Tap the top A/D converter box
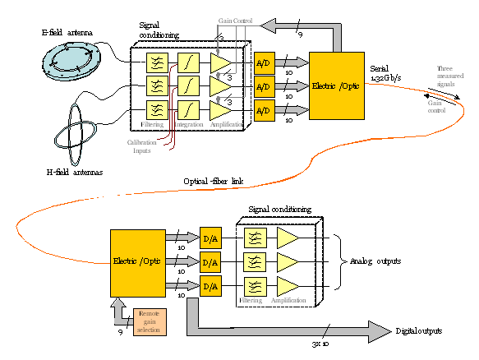[x=264, y=63]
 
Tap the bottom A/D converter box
[x=264, y=109]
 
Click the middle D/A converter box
[x=210, y=262]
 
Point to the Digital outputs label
[x=417, y=330]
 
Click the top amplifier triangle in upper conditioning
[x=220, y=62]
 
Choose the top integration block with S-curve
[x=188, y=62]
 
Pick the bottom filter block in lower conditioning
[x=255, y=285]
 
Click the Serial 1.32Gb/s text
[x=385, y=72]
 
